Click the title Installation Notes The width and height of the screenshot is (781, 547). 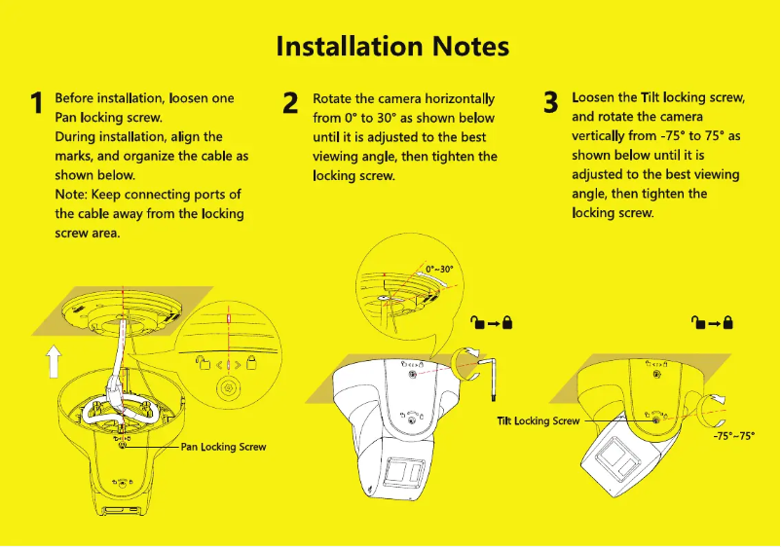point(392,46)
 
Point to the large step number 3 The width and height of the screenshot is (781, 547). point(551,102)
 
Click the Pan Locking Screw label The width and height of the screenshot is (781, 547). point(223,447)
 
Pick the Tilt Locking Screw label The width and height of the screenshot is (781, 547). point(538,420)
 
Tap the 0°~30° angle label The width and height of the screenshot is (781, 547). point(439,269)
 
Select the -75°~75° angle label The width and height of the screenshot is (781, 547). point(733,437)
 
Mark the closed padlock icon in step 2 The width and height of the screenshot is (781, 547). point(506,322)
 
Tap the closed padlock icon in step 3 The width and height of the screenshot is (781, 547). point(727,322)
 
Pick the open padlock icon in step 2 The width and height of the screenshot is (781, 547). point(476,322)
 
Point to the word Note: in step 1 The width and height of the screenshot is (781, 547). point(71,195)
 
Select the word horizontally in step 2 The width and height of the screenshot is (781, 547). point(462,99)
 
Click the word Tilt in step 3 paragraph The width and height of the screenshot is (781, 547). point(652,98)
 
